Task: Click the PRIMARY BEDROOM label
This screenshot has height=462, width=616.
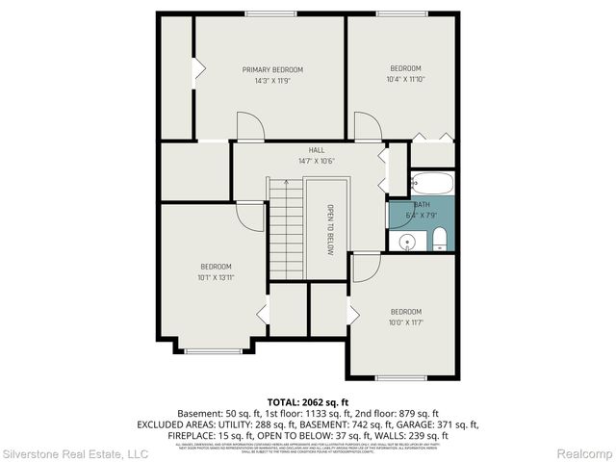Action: [x=272, y=69]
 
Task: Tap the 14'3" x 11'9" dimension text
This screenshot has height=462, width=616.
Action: [x=272, y=81]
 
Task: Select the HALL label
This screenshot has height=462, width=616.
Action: [x=316, y=150]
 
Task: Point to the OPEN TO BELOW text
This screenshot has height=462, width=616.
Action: [x=328, y=230]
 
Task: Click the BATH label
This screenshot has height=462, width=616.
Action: [x=422, y=205]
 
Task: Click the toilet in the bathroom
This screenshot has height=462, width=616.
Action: [x=439, y=239]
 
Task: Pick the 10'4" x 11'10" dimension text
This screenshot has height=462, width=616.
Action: [x=405, y=79]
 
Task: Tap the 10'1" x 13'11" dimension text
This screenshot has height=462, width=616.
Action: [x=216, y=277]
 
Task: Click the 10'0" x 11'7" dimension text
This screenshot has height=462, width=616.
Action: [x=405, y=322]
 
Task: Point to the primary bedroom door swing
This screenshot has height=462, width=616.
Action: [x=250, y=126]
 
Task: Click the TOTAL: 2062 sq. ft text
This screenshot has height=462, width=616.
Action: [x=308, y=401]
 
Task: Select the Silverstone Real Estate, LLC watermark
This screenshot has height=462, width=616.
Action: [x=75, y=453]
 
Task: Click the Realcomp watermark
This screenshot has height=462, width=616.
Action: [x=585, y=453]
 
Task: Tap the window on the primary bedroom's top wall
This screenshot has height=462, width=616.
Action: [x=272, y=13]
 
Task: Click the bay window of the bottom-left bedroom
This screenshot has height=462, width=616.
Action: [x=213, y=350]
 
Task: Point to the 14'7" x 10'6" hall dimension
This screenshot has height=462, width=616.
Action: [x=316, y=161]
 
